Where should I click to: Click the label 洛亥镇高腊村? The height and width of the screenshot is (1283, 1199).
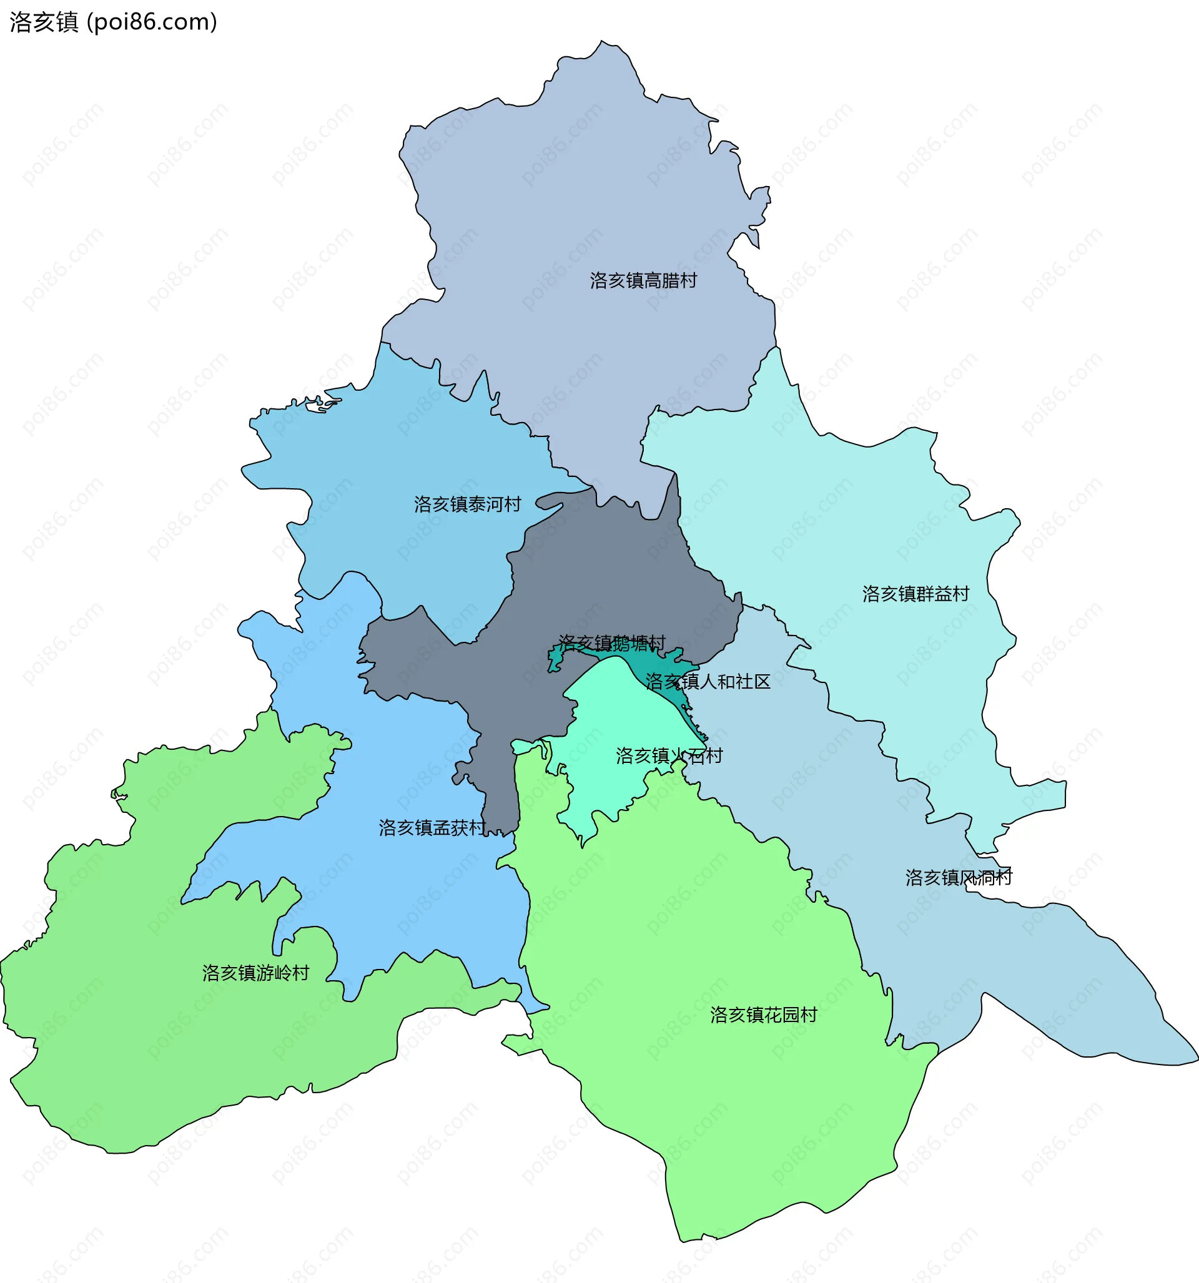tap(643, 281)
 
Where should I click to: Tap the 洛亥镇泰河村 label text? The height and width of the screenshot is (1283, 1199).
tap(468, 504)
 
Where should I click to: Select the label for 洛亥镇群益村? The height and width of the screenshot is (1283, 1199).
tap(915, 594)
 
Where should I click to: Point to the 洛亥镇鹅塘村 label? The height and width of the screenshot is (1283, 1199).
tap(611, 643)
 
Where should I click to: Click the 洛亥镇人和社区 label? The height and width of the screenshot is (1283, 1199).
tap(708, 682)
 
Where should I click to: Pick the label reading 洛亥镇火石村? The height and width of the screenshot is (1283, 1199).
tap(669, 755)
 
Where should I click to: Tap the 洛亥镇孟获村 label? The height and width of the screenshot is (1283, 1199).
tap(432, 828)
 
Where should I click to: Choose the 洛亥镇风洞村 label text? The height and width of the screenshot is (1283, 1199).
tap(958, 878)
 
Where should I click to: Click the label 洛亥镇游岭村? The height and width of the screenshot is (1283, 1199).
tap(255, 973)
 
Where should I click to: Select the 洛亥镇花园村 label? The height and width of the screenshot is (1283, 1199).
tap(763, 1015)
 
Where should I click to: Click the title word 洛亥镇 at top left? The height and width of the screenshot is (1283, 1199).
tap(44, 22)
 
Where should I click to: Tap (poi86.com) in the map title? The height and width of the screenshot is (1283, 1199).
tap(152, 22)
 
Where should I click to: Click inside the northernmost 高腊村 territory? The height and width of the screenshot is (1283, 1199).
tap(581, 194)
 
